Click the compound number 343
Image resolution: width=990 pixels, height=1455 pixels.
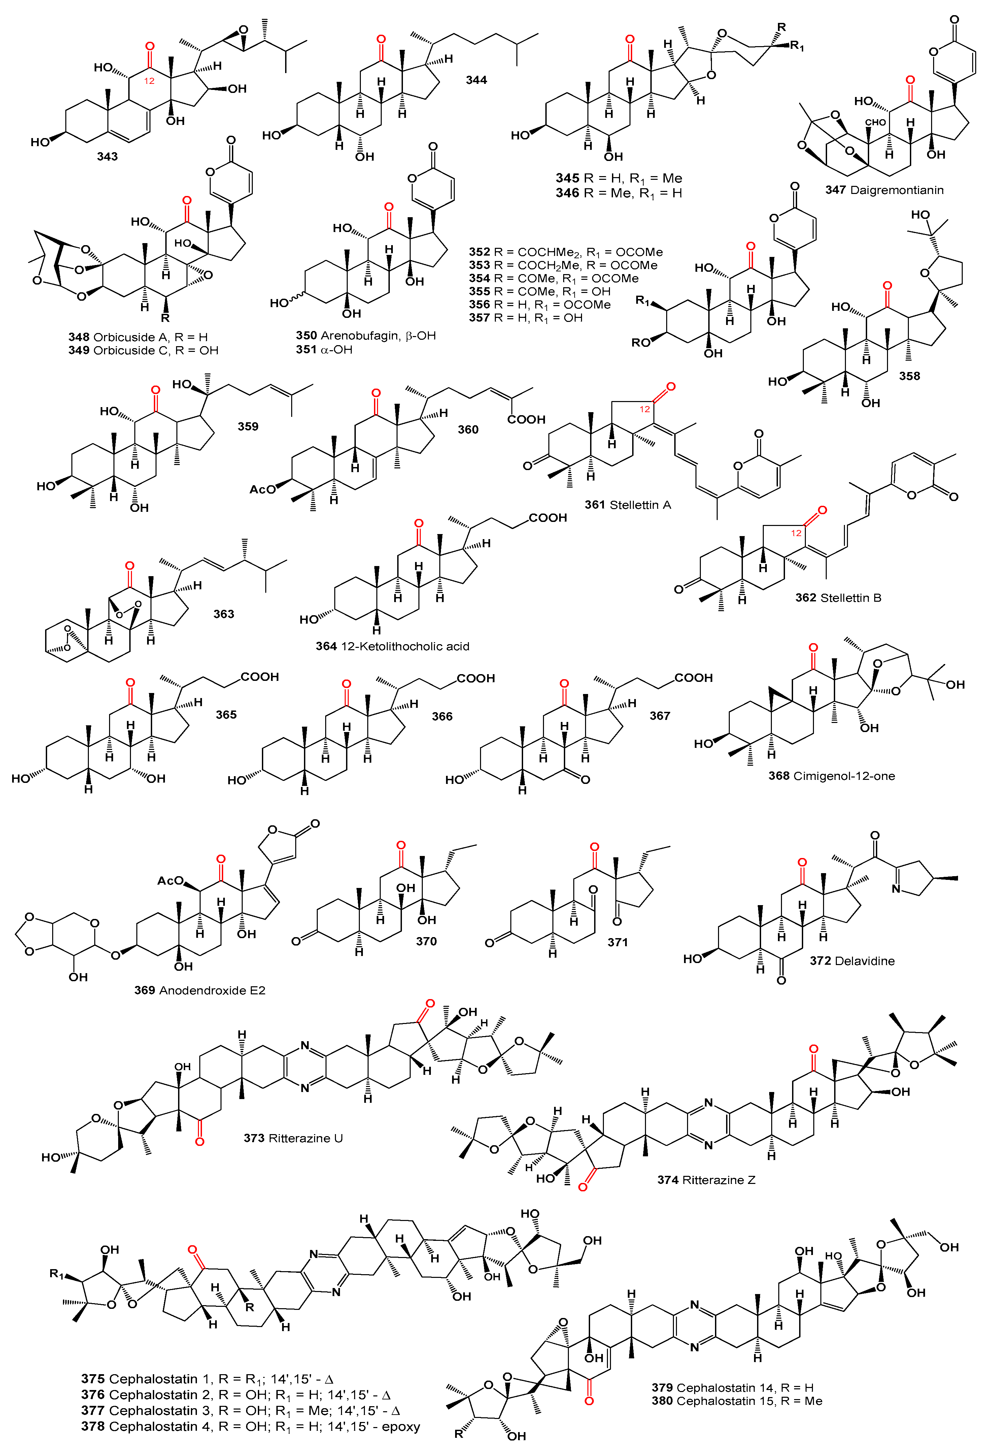tap(107, 157)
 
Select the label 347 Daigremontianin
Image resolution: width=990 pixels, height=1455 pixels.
tap(884, 190)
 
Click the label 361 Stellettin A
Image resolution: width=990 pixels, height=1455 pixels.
tap(628, 505)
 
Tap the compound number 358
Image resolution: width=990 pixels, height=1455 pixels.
tap(909, 376)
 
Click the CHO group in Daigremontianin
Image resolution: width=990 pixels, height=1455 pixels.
tap(875, 122)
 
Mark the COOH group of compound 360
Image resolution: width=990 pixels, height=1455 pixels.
tap(526, 420)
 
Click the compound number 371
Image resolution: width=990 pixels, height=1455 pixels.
tap(617, 941)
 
